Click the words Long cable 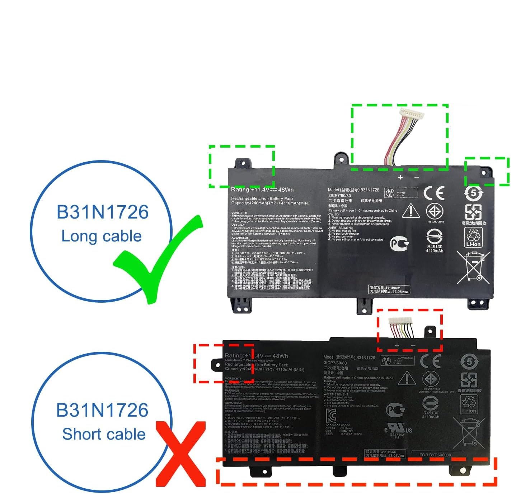pyautogui.click(x=102, y=236)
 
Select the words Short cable pyautogui.click(x=104, y=434)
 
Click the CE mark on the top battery pyautogui.click(x=434, y=193)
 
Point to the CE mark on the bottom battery pyautogui.click(x=430, y=361)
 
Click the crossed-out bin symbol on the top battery pyautogui.click(x=473, y=267)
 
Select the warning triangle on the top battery pyautogui.click(x=411, y=211)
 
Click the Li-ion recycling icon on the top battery pyautogui.click(x=473, y=237)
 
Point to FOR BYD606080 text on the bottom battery pyautogui.click(x=435, y=455)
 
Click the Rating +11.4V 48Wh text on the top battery pyautogui.click(x=262, y=190)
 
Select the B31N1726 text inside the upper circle pyautogui.click(x=102, y=212)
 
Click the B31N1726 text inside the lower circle pyautogui.click(x=102, y=410)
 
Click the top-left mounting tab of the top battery pyautogui.click(x=241, y=163)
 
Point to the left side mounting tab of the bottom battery pyautogui.click(x=217, y=365)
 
